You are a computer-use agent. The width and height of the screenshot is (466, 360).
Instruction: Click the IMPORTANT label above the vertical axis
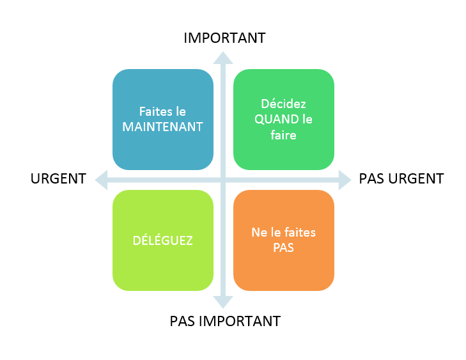point(224,38)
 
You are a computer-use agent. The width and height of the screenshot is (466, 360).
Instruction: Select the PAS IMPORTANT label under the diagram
point(225,322)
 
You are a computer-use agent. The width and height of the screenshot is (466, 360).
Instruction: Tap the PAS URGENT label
point(401,178)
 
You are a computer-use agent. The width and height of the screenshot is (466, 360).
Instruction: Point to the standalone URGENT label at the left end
point(58,178)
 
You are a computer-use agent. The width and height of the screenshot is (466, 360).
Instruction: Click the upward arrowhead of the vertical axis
point(223,58)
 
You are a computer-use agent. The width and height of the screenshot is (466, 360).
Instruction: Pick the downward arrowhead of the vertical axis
point(223,302)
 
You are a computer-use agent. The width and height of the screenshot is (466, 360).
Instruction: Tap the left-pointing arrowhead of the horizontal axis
point(102,180)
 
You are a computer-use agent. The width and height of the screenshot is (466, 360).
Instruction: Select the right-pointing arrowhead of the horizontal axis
point(345,180)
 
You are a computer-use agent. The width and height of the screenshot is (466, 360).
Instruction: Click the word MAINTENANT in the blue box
point(162,127)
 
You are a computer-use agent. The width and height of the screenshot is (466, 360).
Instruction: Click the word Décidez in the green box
point(283,104)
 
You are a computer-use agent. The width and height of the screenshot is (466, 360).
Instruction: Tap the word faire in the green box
point(283,136)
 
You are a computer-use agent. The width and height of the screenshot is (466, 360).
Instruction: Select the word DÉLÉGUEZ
point(162,240)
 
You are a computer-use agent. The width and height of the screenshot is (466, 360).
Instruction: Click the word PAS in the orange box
point(283,247)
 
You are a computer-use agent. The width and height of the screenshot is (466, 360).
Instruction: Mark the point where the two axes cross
point(223,180)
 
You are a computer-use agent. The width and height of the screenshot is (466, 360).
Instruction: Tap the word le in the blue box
point(181,111)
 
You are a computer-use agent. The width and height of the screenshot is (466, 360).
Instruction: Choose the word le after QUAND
point(307,119)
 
